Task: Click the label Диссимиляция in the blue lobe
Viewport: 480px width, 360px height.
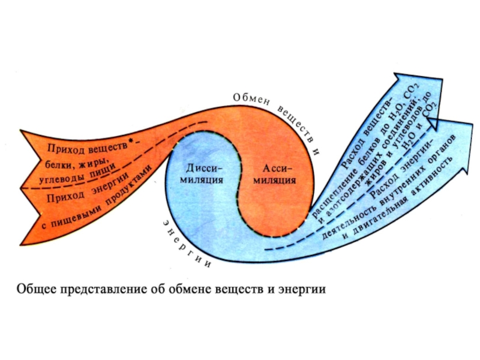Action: tap(205, 173)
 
